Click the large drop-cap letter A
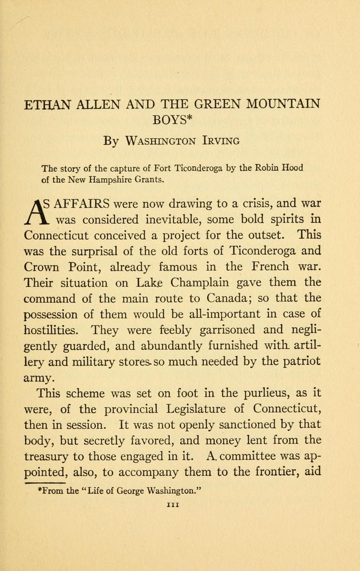(36, 211)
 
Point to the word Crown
(43, 267)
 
